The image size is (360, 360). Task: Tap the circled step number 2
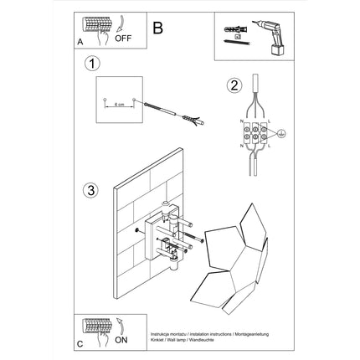[x=235, y=84]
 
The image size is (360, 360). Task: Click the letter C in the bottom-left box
[x=80, y=344]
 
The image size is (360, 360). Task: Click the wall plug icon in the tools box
[x=235, y=33]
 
